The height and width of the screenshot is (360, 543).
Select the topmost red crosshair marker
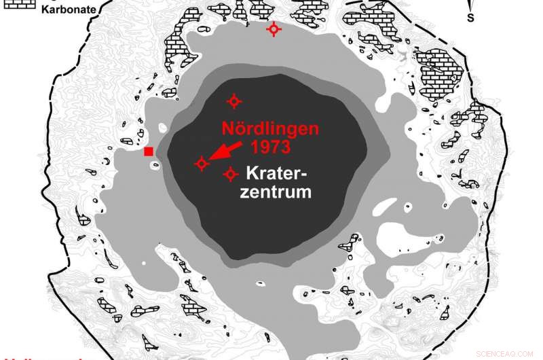coord(274,29)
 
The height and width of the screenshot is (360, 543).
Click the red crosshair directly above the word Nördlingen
coord(234,101)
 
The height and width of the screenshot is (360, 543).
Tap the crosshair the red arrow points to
coord(202,163)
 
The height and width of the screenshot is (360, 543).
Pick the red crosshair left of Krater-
coord(231,175)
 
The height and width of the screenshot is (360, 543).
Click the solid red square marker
coord(149,151)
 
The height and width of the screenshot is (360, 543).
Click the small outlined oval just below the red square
coord(155,164)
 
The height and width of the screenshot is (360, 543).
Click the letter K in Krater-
coord(252,173)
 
